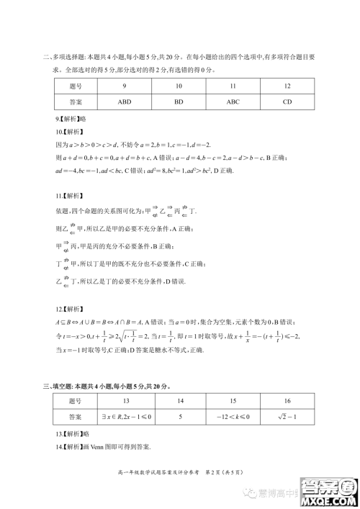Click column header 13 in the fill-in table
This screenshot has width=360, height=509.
(x=125, y=400)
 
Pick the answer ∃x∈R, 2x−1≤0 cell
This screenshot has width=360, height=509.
(x=125, y=416)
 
